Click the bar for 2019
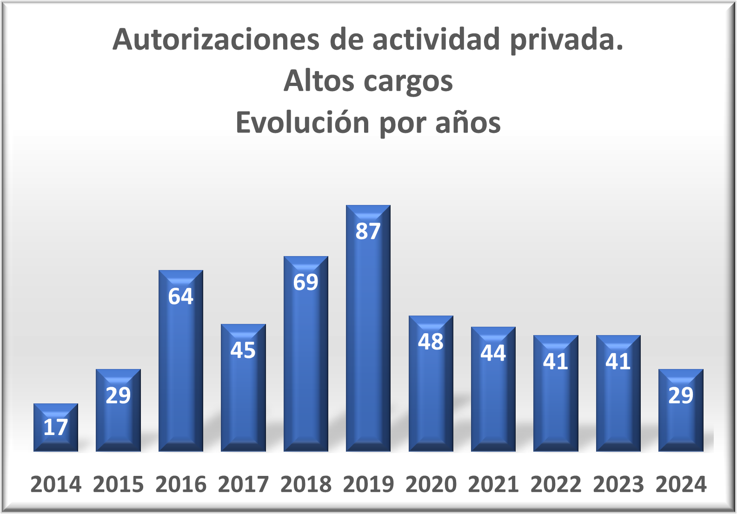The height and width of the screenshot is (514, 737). click(368, 335)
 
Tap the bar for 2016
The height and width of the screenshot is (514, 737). click(181, 367)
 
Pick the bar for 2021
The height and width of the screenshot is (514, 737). click(493, 395)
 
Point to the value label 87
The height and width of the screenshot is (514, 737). click(368, 231)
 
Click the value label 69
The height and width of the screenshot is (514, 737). click(305, 283)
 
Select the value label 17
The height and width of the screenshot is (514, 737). click(56, 427)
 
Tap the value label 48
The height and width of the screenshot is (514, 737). click(431, 342)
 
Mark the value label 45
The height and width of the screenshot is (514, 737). click(243, 350)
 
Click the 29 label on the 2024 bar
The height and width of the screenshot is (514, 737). click(681, 395)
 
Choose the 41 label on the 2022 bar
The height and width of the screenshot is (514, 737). click(556, 362)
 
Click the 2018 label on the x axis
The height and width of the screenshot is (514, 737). click(305, 485)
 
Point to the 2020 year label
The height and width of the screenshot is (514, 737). click(431, 485)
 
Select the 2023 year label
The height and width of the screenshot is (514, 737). click(618, 485)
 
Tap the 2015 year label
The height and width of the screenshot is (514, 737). click(118, 485)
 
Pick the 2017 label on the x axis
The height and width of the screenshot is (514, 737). click(243, 485)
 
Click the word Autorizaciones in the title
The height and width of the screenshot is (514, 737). click(216, 40)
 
